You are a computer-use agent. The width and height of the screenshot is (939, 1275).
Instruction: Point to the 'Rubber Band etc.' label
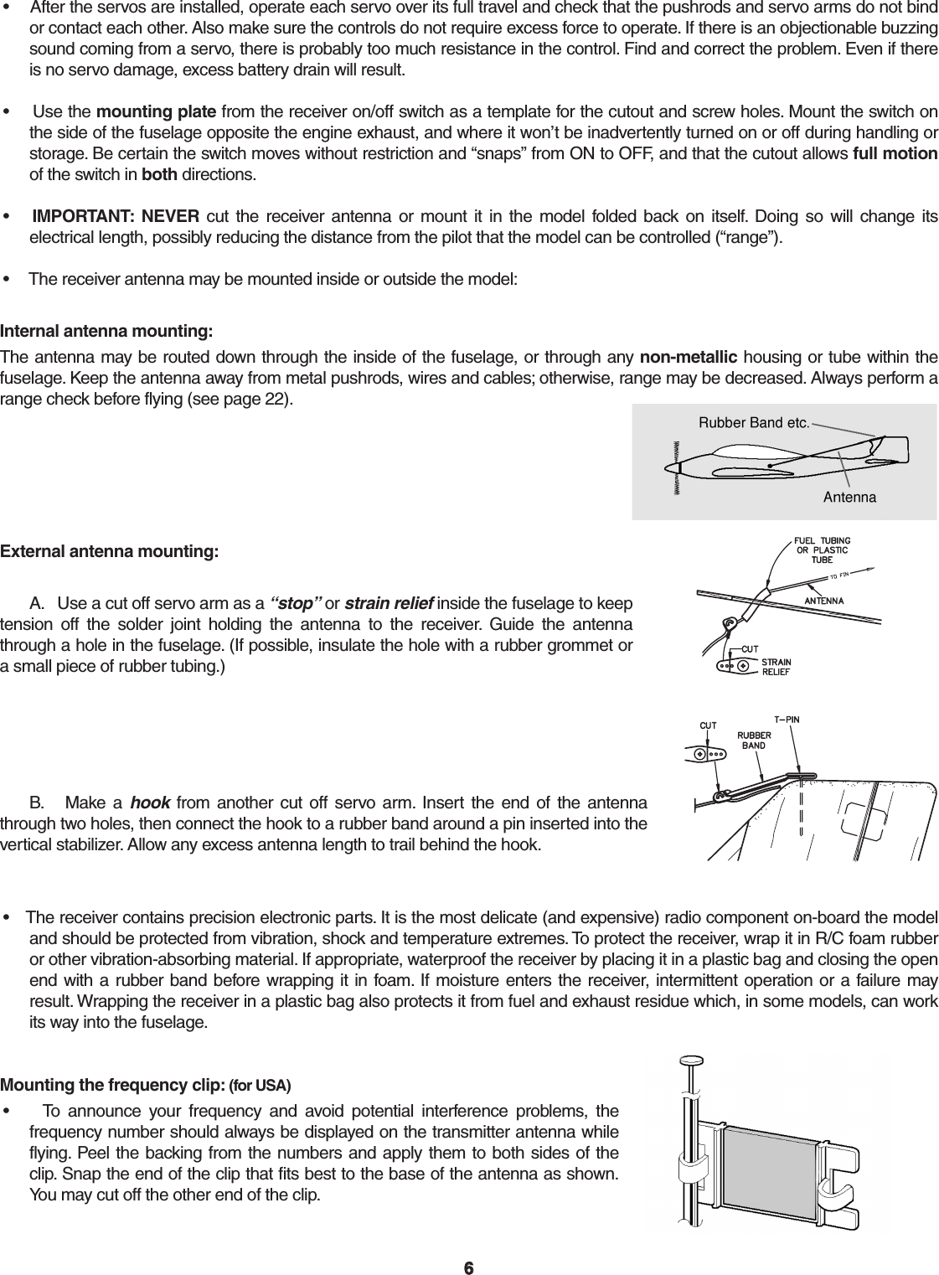pos(753,422)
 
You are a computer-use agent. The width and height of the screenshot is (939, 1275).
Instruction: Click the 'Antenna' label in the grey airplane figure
pos(849,498)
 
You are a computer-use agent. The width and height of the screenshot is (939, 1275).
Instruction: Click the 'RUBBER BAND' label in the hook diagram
pos(754,741)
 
